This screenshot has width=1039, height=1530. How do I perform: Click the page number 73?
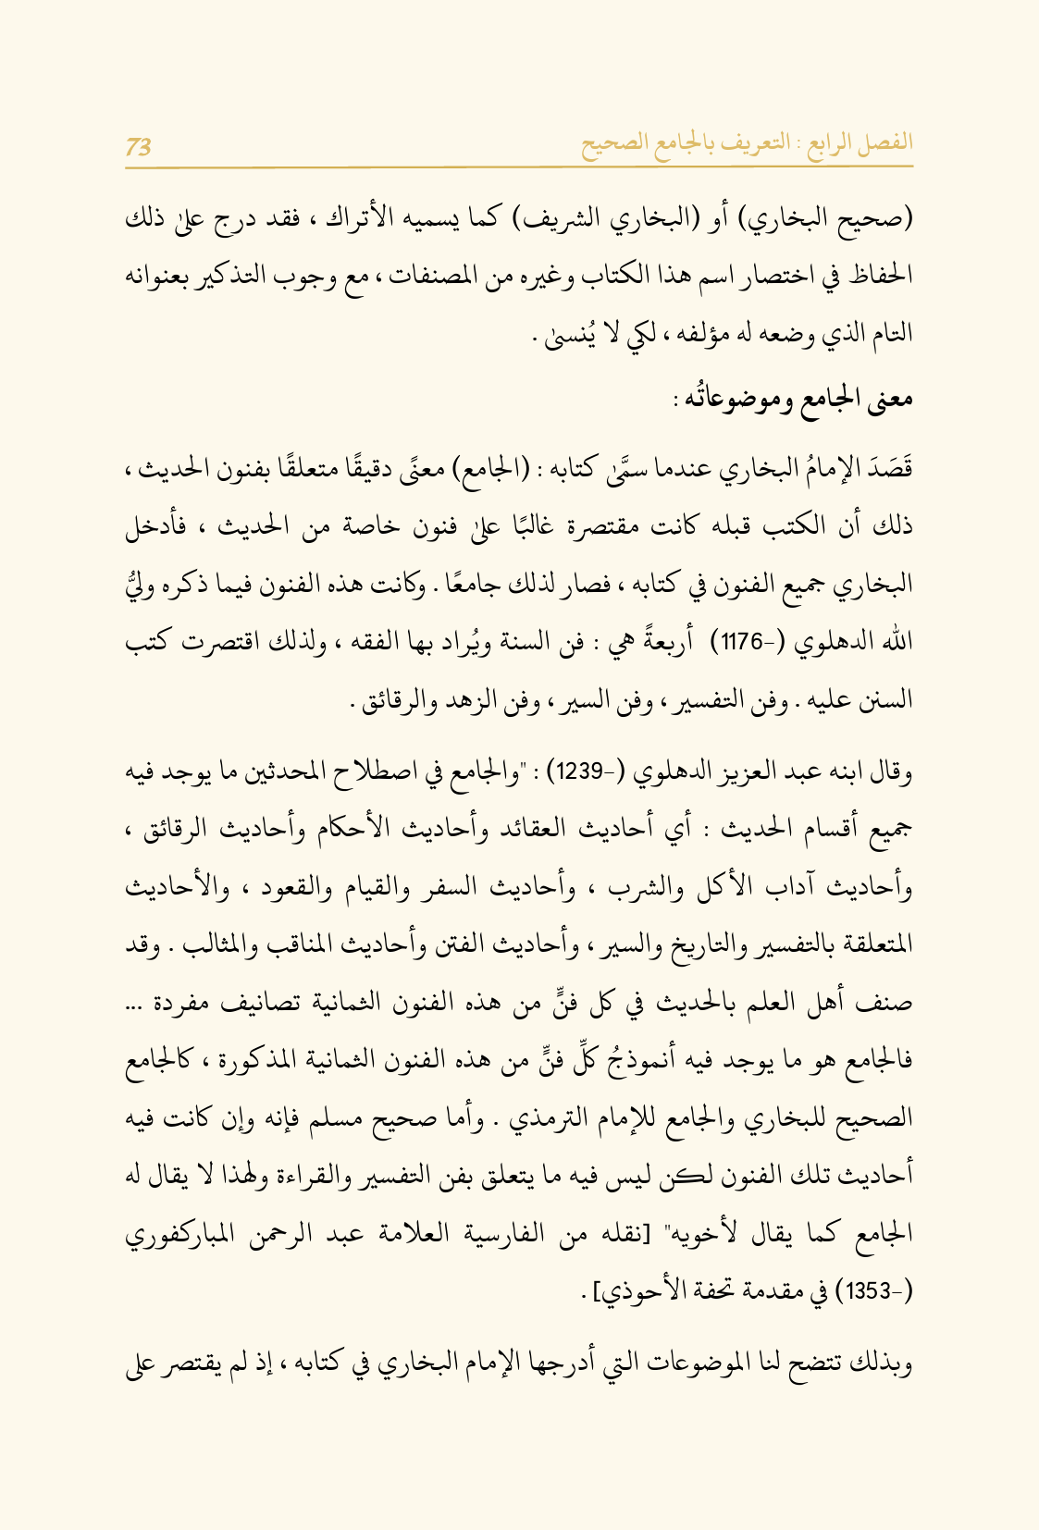pyautogui.click(x=139, y=145)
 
